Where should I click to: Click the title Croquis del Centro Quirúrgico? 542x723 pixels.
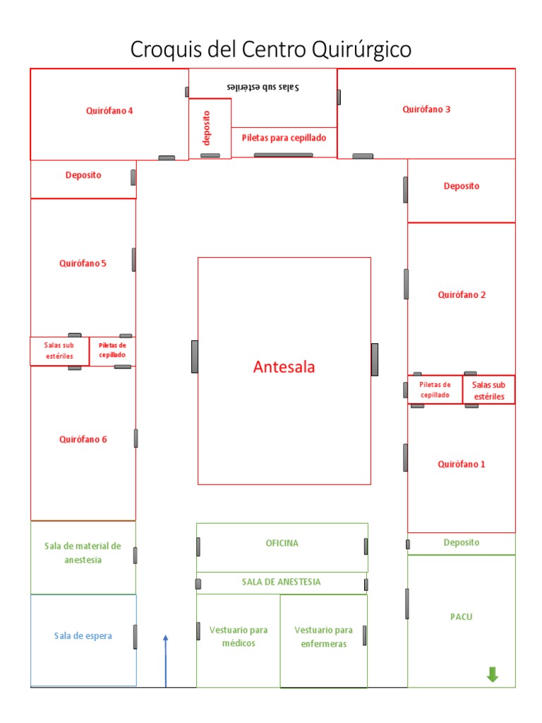[271, 50]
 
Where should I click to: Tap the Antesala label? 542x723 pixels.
[284, 367]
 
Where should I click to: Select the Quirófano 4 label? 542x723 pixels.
[109, 110]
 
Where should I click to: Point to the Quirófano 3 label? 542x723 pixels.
[426, 109]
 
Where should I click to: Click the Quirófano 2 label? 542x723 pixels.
[462, 295]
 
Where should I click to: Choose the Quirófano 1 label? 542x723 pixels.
[462, 465]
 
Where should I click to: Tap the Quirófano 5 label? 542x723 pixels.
[83, 264]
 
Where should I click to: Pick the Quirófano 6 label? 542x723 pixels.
[83, 439]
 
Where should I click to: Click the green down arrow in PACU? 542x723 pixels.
[493, 675]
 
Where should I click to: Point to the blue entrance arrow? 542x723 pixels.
[166, 660]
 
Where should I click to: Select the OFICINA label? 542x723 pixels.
[282, 544]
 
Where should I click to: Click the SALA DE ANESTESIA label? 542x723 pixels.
[282, 582]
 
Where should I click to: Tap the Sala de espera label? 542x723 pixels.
[83, 636]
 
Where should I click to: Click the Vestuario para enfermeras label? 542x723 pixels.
[324, 637]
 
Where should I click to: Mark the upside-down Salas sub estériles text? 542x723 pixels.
[263, 87]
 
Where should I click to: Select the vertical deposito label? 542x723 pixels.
[207, 128]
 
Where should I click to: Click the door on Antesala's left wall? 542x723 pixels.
[195, 357]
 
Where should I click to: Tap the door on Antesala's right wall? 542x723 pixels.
[375, 359]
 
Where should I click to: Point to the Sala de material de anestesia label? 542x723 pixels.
[83, 553]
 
